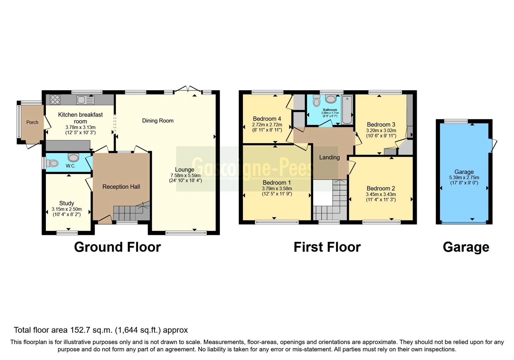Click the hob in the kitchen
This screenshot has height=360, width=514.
tap(55, 100)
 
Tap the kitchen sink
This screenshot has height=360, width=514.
tap(85, 100)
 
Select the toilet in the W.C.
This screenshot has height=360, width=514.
tap(52, 163)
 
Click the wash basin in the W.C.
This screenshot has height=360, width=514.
tap(74, 157)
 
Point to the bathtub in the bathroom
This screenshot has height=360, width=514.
tap(347, 110)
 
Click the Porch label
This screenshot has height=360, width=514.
tap(32, 122)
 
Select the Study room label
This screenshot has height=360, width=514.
tap(66, 203)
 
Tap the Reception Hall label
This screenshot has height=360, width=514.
tap(121, 187)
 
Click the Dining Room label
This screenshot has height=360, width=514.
tap(158, 121)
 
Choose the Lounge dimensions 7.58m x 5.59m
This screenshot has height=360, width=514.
tap(185, 175)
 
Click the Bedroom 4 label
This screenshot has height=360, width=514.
tap(267, 119)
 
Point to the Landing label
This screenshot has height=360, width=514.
tap(329, 157)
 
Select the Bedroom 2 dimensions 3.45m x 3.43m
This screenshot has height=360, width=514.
tap(381, 194)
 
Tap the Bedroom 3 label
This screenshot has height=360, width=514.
tap(381, 124)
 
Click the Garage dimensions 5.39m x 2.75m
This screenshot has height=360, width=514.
tap(464, 177)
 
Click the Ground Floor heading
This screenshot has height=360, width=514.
tap(117, 247)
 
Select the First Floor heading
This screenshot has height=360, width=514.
tap(327, 247)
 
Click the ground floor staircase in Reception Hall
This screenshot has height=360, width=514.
tap(130, 212)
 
